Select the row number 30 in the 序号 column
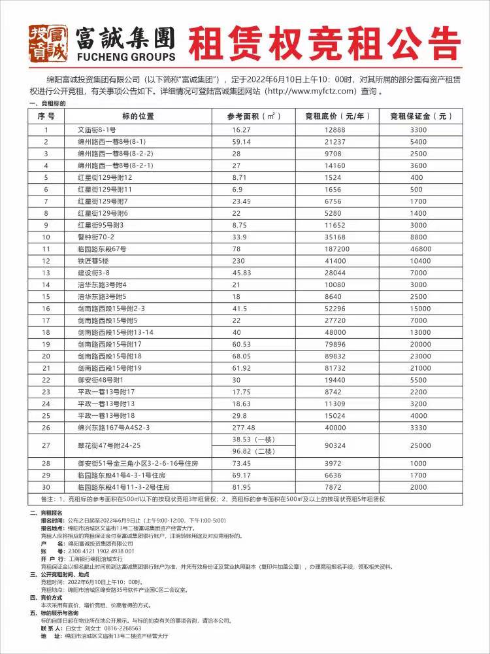(46, 487)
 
